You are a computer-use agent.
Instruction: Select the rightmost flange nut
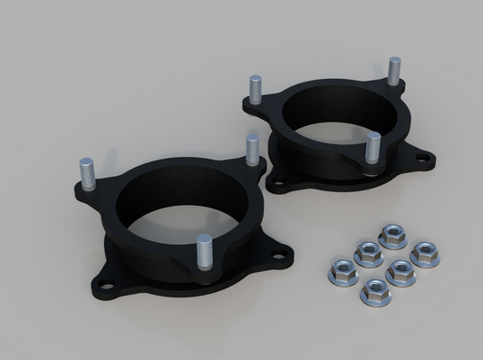click(424, 254)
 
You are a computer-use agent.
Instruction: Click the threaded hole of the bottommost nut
click(375, 291)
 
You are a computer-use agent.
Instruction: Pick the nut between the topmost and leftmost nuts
click(367, 253)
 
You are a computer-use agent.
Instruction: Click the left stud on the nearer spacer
click(87, 172)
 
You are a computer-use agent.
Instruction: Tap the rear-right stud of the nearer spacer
click(253, 149)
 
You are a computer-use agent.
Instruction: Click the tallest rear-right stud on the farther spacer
click(394, 70)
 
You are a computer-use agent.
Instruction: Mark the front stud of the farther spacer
click(372, 147)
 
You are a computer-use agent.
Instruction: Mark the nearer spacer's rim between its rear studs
click(172, 163)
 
